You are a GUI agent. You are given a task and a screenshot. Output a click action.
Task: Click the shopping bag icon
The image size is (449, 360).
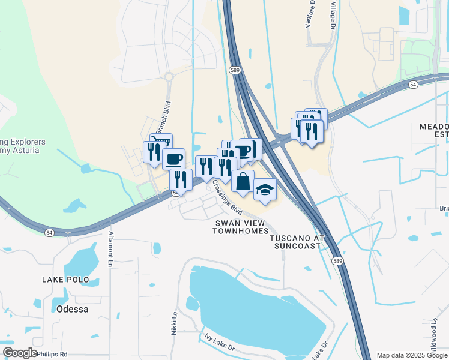coord(243,181)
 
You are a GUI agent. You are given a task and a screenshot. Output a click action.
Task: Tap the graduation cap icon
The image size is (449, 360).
coord(265,190)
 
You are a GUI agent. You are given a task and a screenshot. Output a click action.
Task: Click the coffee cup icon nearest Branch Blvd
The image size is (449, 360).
coord(173,158)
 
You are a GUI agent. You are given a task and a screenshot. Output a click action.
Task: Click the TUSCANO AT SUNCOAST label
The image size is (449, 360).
coord(297,242)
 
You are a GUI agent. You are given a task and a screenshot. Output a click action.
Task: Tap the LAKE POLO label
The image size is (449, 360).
coord(65,280)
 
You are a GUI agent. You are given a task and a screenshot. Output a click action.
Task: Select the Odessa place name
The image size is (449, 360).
coord(72,310)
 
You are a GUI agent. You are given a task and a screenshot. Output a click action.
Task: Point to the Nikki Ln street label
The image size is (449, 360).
coord(175,322)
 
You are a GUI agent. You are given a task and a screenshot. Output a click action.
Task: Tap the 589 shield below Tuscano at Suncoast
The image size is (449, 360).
coord(337,260)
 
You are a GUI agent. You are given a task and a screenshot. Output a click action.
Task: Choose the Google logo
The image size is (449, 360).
coord(20,353)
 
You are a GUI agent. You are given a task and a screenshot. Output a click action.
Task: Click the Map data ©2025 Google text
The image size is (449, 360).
coord(411,355)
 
